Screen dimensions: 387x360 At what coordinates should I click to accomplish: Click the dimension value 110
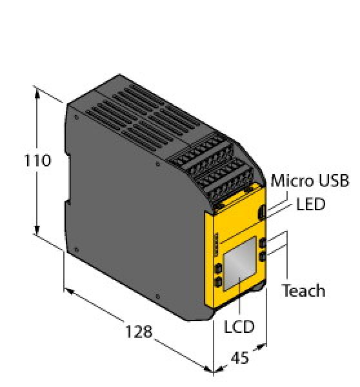37,161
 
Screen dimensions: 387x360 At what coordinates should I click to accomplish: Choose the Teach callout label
303,290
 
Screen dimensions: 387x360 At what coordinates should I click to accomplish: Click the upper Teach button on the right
263,243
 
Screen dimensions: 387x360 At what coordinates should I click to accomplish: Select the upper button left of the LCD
218,268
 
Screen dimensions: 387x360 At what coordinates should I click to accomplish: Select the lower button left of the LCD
218,282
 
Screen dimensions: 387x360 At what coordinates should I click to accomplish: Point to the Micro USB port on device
261,211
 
